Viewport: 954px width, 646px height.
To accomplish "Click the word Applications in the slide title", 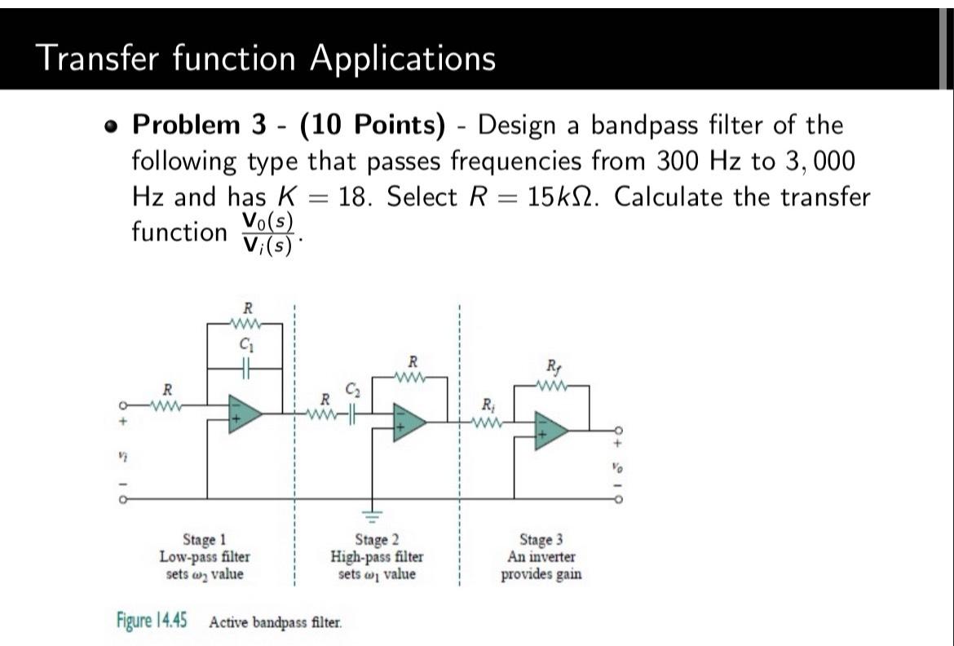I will [402, 58].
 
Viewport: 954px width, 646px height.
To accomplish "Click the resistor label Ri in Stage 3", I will [487, 405].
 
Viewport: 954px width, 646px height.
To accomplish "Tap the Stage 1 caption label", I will [205, 540].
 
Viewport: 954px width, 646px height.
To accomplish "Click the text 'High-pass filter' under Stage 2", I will [376, 557].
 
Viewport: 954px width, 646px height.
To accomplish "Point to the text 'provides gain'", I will [541, 573].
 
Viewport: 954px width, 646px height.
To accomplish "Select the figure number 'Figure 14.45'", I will [152, 621].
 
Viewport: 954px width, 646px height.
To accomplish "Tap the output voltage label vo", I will [617, 469].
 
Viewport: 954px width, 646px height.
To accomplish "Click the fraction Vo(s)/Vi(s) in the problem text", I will [268, 233].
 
